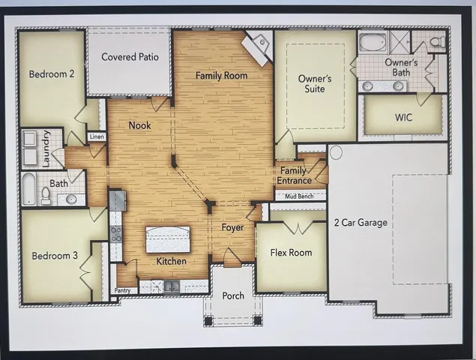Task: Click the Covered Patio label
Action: click(130, 57)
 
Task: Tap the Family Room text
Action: click(221, 76)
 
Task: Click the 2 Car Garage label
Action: click(362, 223)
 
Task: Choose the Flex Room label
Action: click(291, 253)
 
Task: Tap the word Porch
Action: click(233, 295)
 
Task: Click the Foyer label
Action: click(232, 227)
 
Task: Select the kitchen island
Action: click(167, 239)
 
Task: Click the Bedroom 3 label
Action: click(55, 256)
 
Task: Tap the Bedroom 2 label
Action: click(52, 74)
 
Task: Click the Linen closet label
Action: click(97, 136)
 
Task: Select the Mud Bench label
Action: click(299, 196)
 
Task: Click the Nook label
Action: click(139, 125)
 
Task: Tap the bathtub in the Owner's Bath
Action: click(373, 42)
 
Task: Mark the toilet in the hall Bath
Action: click(46, 195)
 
